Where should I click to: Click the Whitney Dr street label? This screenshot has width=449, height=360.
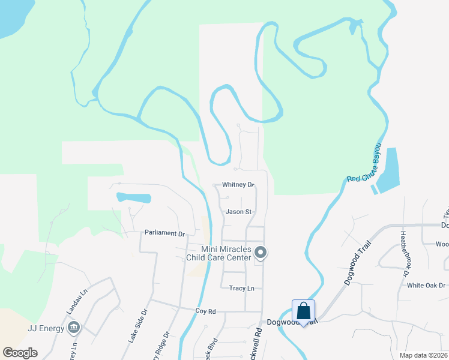238,185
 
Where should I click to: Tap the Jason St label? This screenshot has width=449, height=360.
238,212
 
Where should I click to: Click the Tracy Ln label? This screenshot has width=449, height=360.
242,288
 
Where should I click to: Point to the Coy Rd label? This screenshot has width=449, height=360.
205,311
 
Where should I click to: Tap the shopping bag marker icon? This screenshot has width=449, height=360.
303,311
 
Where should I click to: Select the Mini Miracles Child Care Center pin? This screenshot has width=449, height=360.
260,252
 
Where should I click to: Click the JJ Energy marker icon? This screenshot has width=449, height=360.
73,327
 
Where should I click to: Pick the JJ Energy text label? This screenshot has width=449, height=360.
46,328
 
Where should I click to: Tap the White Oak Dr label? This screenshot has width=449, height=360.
427,285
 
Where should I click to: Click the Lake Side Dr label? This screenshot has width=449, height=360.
137,326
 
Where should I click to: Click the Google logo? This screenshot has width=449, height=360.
20,353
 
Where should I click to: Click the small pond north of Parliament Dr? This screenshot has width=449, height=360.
133,197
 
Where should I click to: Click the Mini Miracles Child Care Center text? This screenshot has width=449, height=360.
226,253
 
